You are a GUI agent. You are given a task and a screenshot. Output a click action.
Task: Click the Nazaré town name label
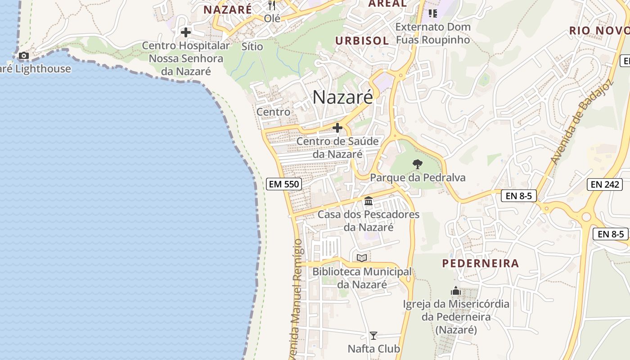point(342,97)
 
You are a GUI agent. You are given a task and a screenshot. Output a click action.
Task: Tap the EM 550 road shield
point(283,184)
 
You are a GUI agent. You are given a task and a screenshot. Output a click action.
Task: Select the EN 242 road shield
point(605,184)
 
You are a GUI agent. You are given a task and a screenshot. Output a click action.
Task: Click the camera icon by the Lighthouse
point(23,56)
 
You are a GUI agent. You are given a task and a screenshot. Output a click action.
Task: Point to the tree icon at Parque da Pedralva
point(418,164)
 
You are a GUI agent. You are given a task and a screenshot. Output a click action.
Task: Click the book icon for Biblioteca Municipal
point(362,258)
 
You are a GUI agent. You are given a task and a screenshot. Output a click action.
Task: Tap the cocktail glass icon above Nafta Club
point(373,336)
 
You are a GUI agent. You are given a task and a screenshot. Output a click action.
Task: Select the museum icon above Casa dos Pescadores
point(369,201)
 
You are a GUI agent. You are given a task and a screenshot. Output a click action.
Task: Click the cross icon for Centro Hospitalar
point(185,32)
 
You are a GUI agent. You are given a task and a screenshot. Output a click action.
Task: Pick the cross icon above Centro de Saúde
point(337,128)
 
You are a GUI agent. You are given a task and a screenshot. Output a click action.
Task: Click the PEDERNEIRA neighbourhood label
point(480,263)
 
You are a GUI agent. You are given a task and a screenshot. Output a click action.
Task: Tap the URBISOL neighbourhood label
point(362,40)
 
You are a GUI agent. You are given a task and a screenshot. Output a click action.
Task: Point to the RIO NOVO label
point(599,31)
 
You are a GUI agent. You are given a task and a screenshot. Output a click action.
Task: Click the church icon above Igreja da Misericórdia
point(456,291)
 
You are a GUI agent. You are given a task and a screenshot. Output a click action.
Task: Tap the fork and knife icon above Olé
point(272,5)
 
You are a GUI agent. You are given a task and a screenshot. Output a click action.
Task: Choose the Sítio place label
point(252,46)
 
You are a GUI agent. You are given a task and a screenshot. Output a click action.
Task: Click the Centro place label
point(273,112)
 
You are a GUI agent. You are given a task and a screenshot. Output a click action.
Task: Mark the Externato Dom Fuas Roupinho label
point(433,33)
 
